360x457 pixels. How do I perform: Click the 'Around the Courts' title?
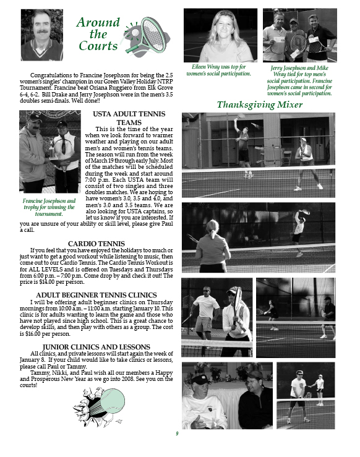pos(98,34)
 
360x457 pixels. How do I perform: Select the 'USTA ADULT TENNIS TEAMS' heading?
pos(129,118)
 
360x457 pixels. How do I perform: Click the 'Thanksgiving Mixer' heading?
pos(260,105)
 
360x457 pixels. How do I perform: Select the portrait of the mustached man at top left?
pos(42,35)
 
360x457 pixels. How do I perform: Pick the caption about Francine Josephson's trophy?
pos(49,208)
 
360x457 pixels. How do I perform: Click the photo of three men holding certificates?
pos(299,35)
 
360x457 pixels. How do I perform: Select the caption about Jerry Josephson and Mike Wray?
pos(299,81)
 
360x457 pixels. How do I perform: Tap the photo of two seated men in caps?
pos(227,396)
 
